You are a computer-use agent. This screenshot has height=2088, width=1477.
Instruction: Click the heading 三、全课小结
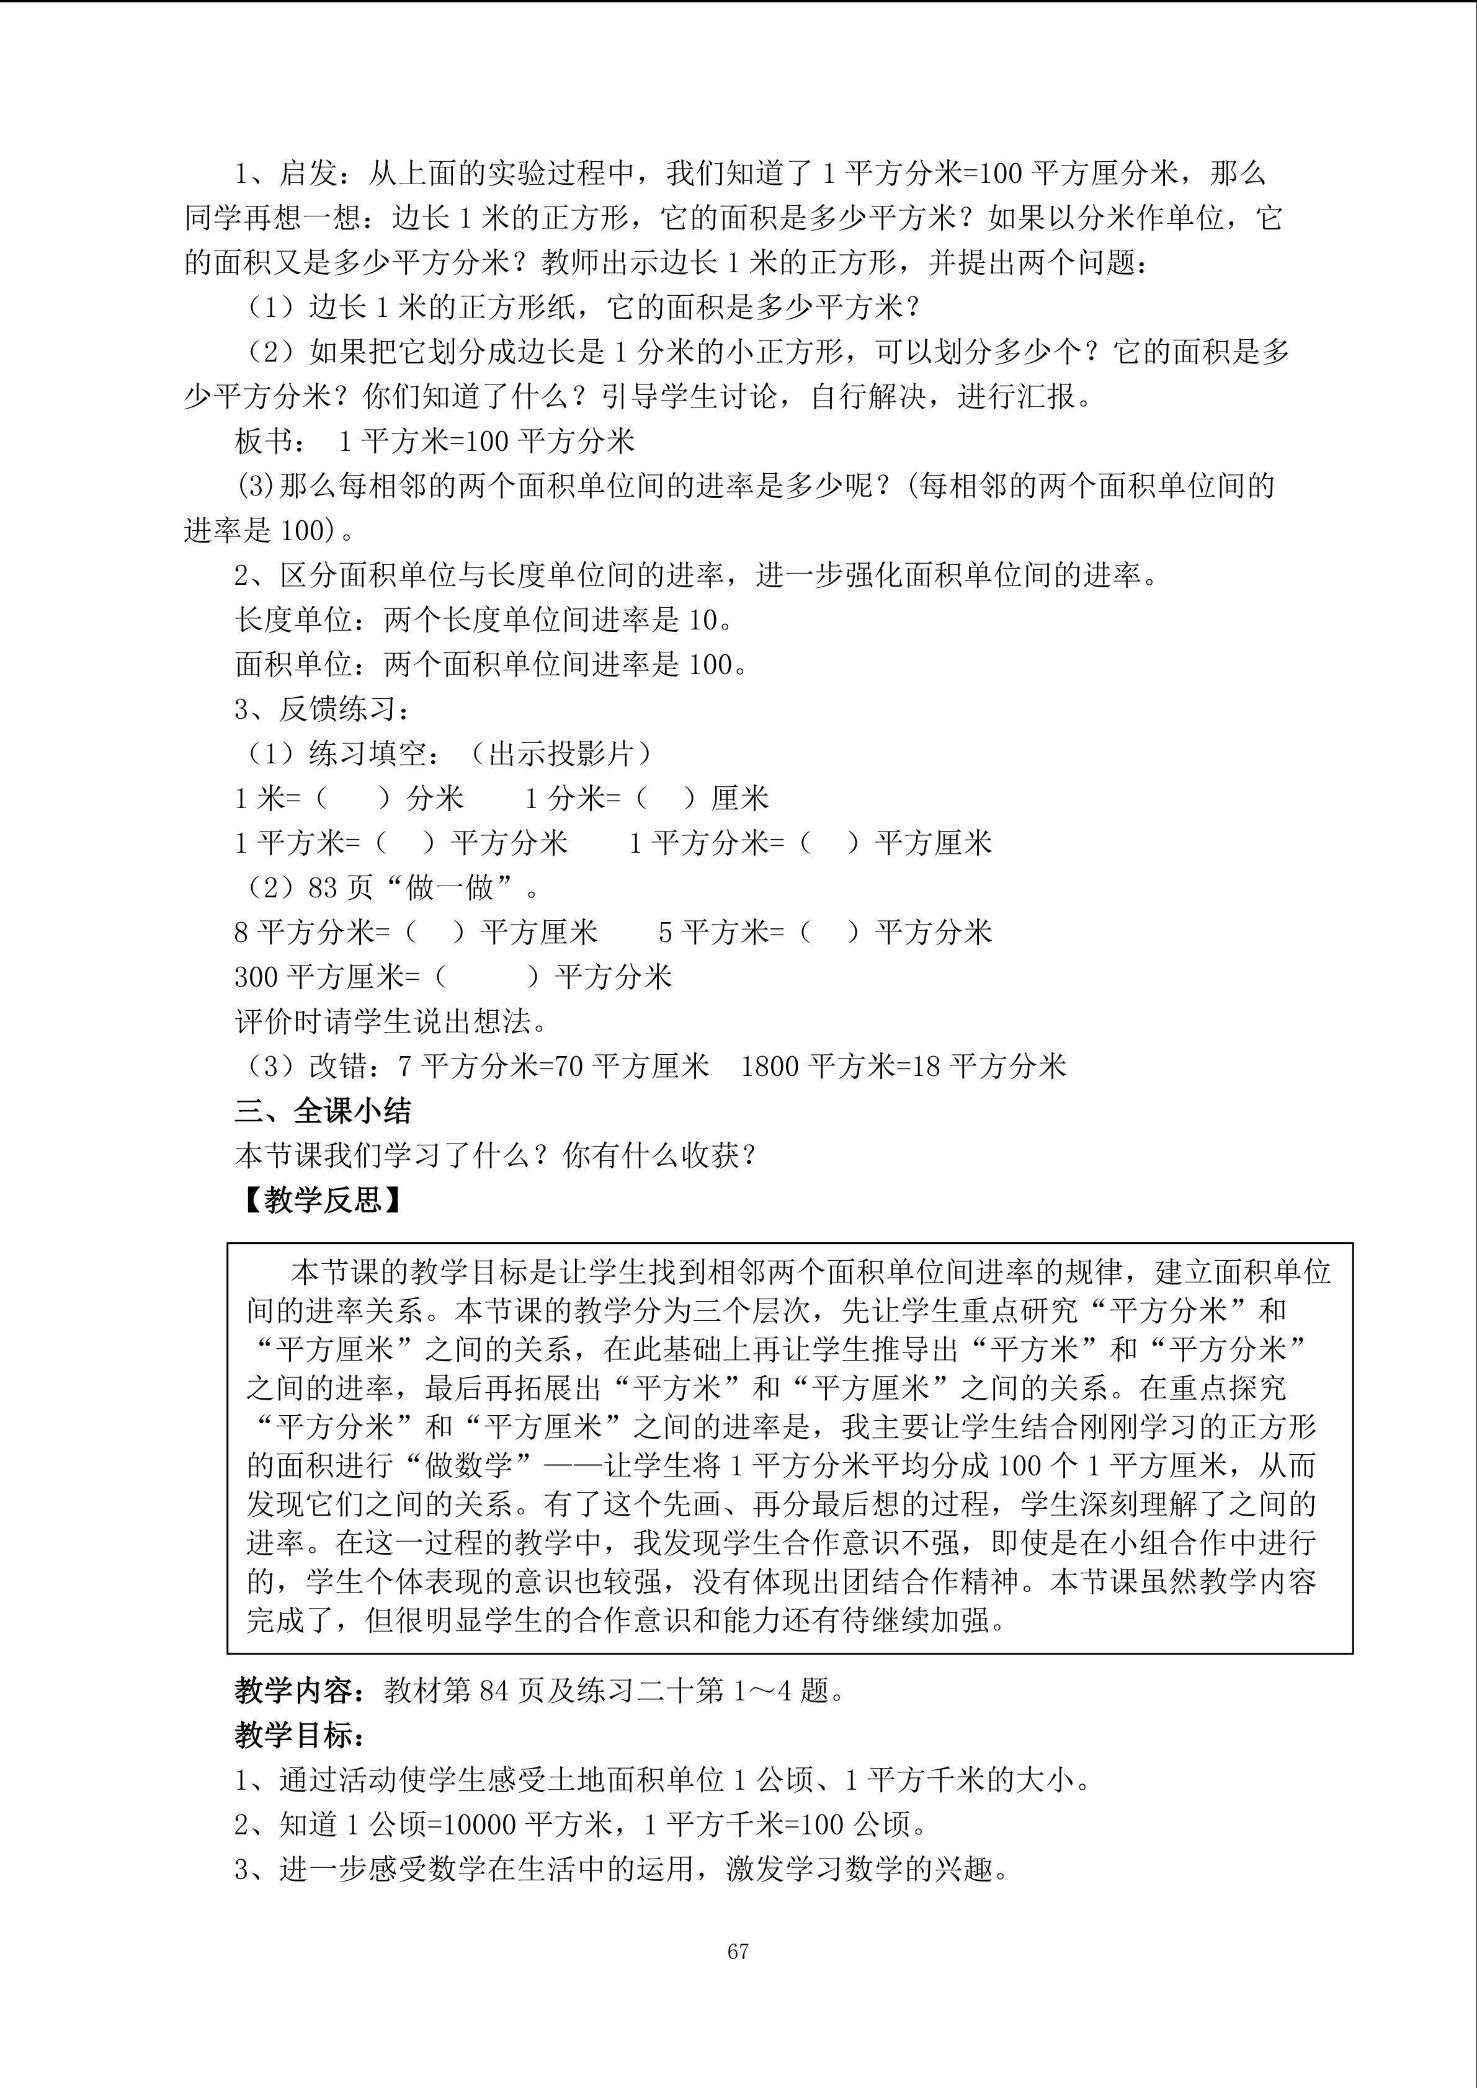(323, 1111)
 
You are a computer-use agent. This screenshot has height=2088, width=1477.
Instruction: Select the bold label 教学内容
(293, 1690)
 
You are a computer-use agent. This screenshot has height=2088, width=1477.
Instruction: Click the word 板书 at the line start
(264, 441)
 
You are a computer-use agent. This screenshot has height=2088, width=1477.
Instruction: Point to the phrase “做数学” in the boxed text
(470, 1465)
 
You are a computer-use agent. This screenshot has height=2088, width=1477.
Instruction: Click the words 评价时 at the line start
(279, 1021)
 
